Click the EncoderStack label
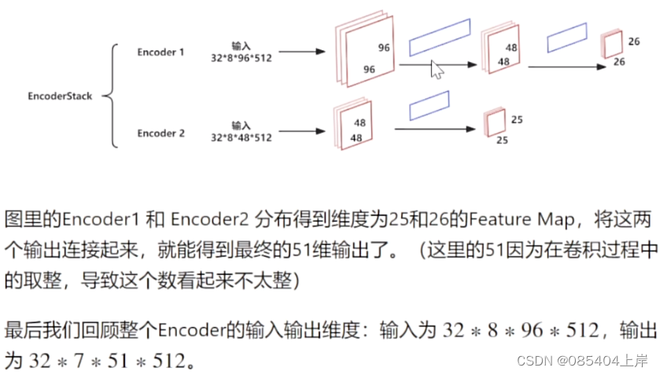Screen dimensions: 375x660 click(x=60, y=97)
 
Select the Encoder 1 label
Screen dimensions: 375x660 click(x=160, y=53)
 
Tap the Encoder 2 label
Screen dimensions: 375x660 click(x=160, y=134)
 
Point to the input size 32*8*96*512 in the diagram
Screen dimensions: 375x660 click(x=241, y=58)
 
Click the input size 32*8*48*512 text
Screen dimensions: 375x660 click(x=241, y=138)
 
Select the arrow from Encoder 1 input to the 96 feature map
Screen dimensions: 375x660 click(x=302, y=53)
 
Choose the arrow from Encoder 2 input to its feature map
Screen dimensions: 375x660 click(x=302, y=132)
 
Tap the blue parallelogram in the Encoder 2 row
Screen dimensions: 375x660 click(x=429, y=105)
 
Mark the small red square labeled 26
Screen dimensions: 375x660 click(x=611, y=45)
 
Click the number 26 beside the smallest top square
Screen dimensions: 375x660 click(x=634, y=40)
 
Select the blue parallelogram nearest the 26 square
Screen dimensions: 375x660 click(x=567, y=39)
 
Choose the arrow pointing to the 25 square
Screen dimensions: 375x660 click(x=437, y=130)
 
